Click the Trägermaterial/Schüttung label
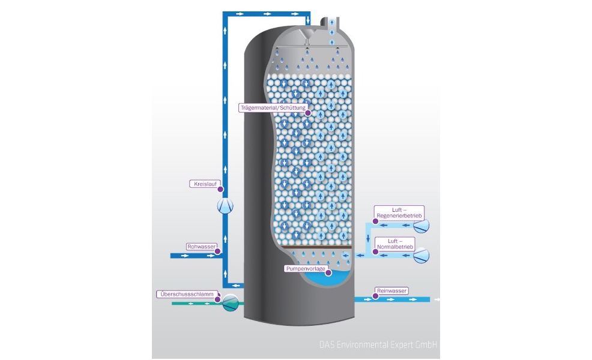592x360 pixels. tap(273, 108)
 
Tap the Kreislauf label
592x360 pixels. tap(201, 183)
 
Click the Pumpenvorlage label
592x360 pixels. tap(304, 269)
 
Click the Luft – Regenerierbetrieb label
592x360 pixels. tap(399, 213)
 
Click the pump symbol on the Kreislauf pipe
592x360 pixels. tap(225, 207)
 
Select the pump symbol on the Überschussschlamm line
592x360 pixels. tap(231, 302)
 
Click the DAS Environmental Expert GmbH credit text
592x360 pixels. tap(378, 346)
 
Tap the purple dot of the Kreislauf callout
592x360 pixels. tap(220, 189)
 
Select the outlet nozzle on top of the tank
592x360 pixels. tap(330, 23)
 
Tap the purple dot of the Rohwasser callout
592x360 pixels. tap(219, 252)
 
